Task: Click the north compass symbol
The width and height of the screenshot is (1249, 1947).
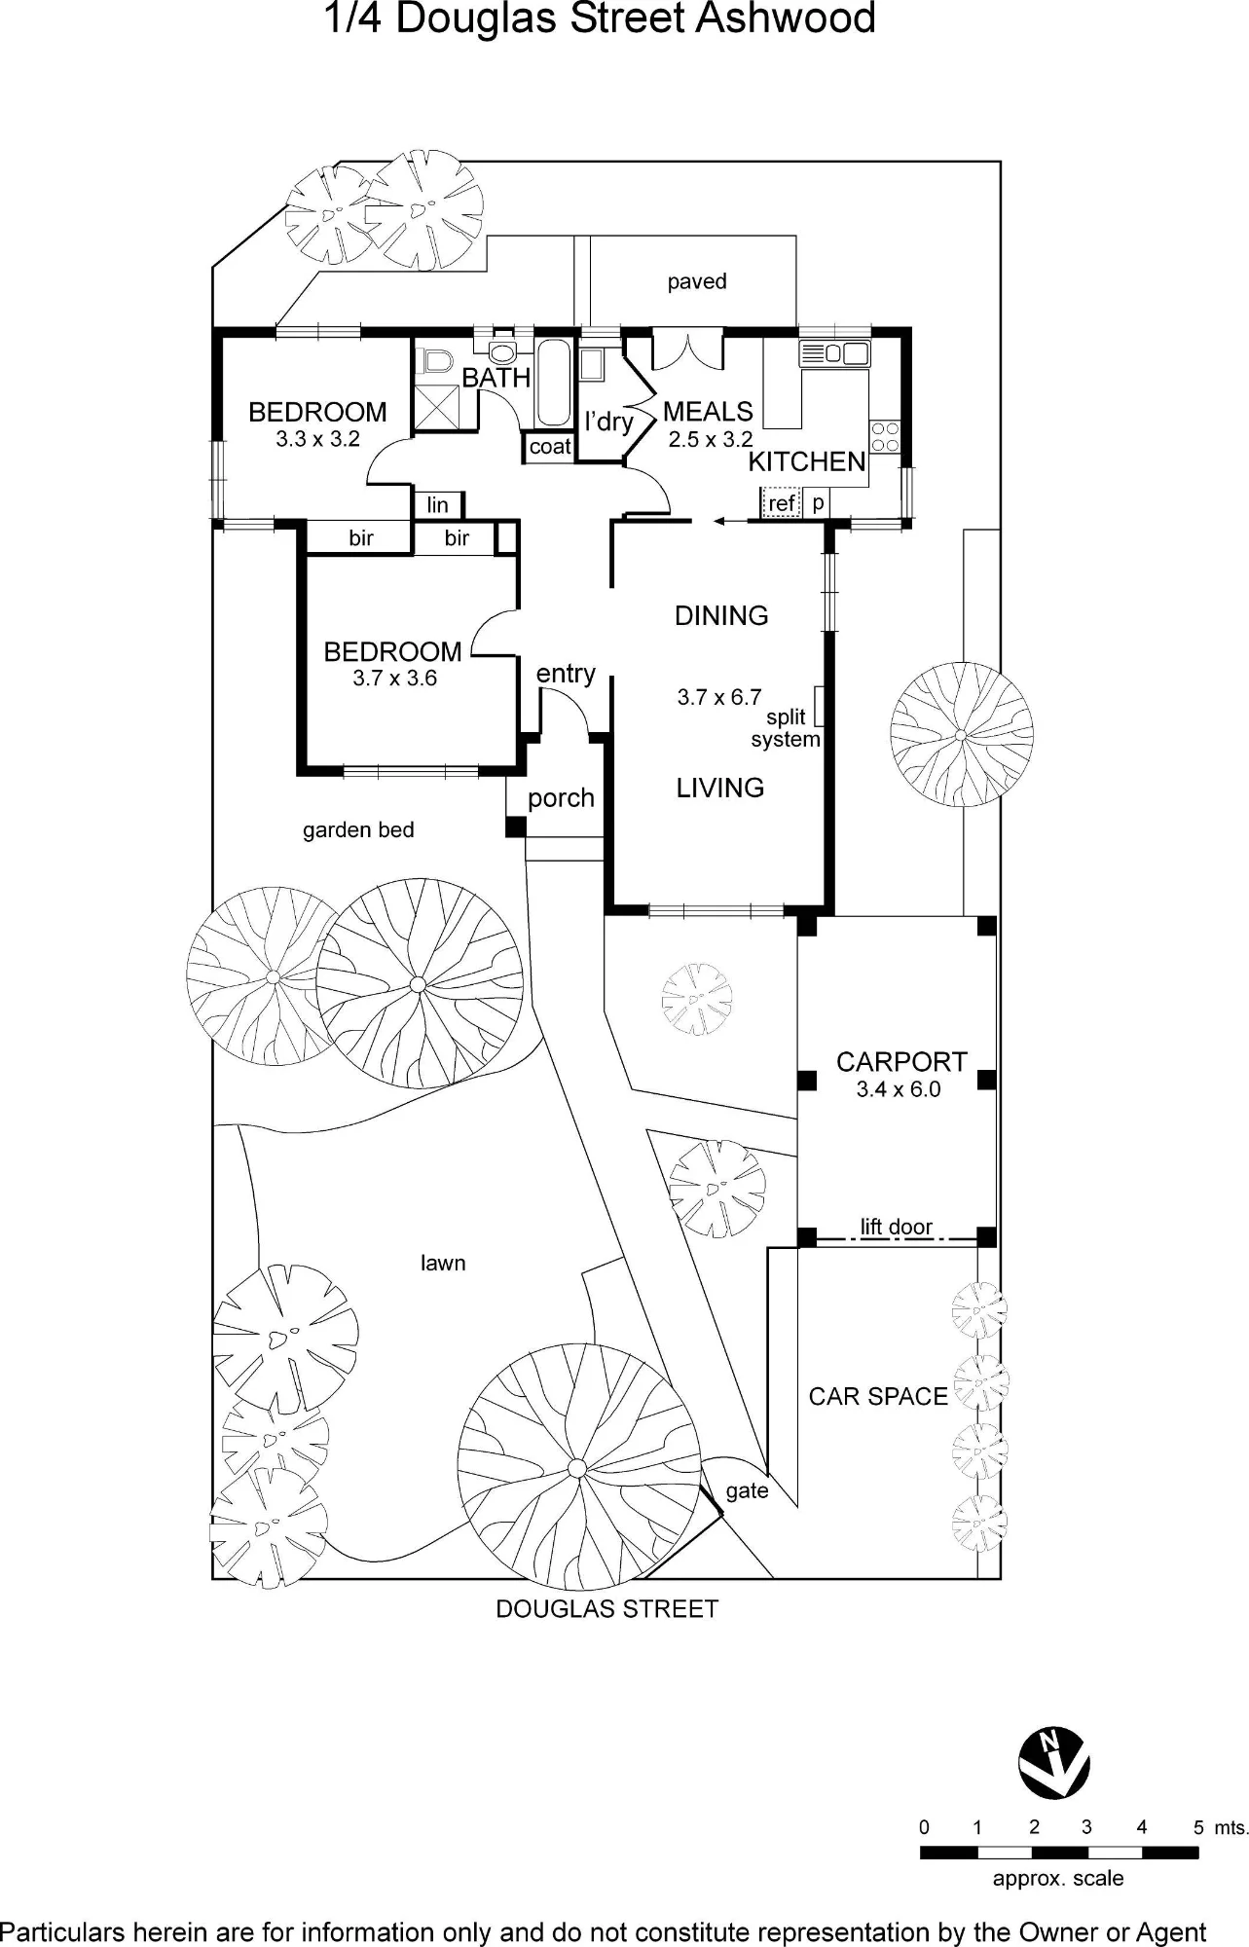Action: tap(1054, 1764)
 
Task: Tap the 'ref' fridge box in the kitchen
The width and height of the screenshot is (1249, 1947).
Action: tap(781, 503)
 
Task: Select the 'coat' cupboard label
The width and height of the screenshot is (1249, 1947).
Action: tap(550, 447)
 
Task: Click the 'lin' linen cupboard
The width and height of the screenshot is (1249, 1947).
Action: tap(438, 504)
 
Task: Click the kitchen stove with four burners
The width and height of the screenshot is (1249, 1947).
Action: tap(885, 437)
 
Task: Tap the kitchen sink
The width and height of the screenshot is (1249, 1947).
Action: tap(834, 353)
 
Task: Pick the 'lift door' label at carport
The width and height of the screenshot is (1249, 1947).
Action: tap(897, 1227)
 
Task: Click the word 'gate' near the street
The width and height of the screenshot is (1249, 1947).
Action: tap(747, 1491)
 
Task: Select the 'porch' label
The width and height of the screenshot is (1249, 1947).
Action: tap(561, 799)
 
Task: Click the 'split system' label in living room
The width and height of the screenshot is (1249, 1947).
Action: tap(786, 728)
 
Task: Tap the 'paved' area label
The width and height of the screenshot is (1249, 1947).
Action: tap(697, 282)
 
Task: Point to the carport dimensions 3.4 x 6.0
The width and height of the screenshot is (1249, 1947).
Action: tap(899, 1089)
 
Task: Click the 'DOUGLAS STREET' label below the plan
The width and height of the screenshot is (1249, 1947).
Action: tap(607, 1609)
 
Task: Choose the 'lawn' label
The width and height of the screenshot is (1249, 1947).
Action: tap(443, 1263)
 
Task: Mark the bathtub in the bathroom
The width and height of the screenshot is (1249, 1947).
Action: tap(554, 383)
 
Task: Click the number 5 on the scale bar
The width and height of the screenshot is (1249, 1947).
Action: tap(1199, 1827)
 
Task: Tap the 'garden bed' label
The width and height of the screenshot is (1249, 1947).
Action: tap(358, 830)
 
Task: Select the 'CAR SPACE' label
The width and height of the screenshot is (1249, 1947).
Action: tap(878, 1397)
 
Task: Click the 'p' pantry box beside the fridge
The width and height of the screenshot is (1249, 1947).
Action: tap(818, 503)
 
